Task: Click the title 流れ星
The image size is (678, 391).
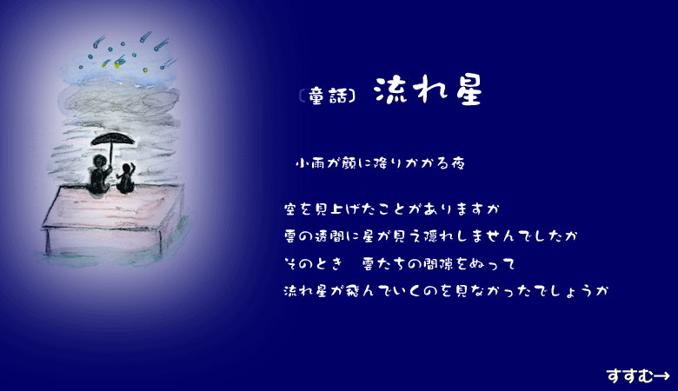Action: (428, 90)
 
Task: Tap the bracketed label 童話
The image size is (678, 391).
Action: (328, 96)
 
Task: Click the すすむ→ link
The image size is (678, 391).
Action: (638, 375)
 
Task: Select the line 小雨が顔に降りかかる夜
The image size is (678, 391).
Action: (380, 163)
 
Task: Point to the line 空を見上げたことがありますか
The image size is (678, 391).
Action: (392, 209)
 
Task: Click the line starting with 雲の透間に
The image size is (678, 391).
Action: (430, 236)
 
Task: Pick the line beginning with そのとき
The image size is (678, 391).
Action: (400, 263)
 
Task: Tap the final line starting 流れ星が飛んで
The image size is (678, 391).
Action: (446, 290)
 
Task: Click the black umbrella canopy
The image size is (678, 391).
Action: (112, 139)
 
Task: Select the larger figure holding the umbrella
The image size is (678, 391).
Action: (99, 175)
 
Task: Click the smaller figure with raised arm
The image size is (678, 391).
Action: (125, 178)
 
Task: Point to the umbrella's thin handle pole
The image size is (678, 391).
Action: (111, 156)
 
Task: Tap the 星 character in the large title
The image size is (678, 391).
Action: (469, 91)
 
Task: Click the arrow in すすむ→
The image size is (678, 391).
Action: (661, 376)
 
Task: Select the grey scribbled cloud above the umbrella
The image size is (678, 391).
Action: (119, 102)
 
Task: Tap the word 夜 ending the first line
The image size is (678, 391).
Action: (457, 163)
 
